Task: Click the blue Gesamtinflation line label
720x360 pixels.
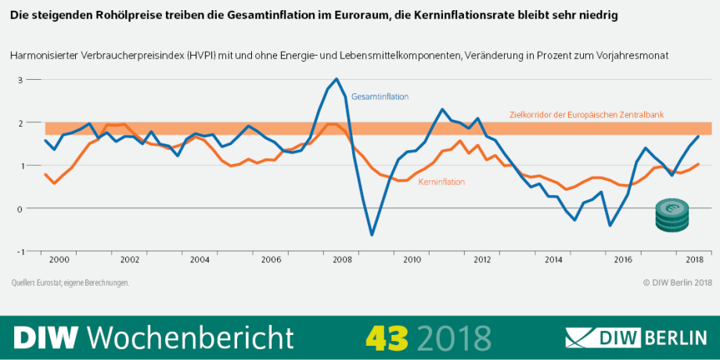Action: pos(380,97)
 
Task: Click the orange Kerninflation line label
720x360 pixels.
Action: pos(441,182)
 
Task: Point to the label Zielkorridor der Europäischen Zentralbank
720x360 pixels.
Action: pos(586,114)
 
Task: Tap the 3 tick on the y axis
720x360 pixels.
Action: pos(21,80)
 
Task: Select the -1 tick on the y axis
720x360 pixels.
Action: pos(20,251)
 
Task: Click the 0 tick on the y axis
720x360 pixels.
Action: pos(21,209)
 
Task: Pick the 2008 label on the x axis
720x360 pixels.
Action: pos(342,259)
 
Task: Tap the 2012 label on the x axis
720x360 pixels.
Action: pos(483,259)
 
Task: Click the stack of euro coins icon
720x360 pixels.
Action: pos(671,215)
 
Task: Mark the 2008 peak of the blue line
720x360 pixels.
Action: pos(337,79)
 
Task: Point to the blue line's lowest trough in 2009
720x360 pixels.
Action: pos(372,234)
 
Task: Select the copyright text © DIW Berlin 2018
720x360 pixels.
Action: pos(677,282)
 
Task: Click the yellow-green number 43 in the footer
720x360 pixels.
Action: pos(387,337)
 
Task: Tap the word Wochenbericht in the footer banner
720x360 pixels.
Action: pos(191,337)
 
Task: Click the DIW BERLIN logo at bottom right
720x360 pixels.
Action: pos(636,338)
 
